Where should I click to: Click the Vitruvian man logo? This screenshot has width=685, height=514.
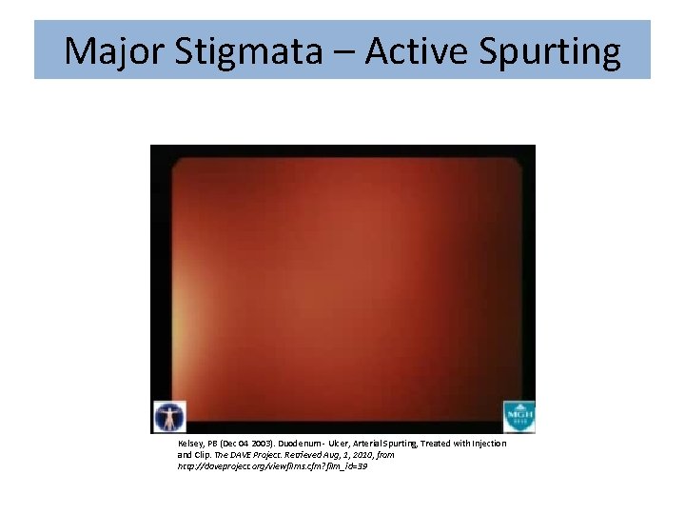click(x=169, y=417)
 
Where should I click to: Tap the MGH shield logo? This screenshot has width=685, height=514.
click(x=519, y=417)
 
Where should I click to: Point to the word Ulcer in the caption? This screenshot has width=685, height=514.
click(x=340, y=444)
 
